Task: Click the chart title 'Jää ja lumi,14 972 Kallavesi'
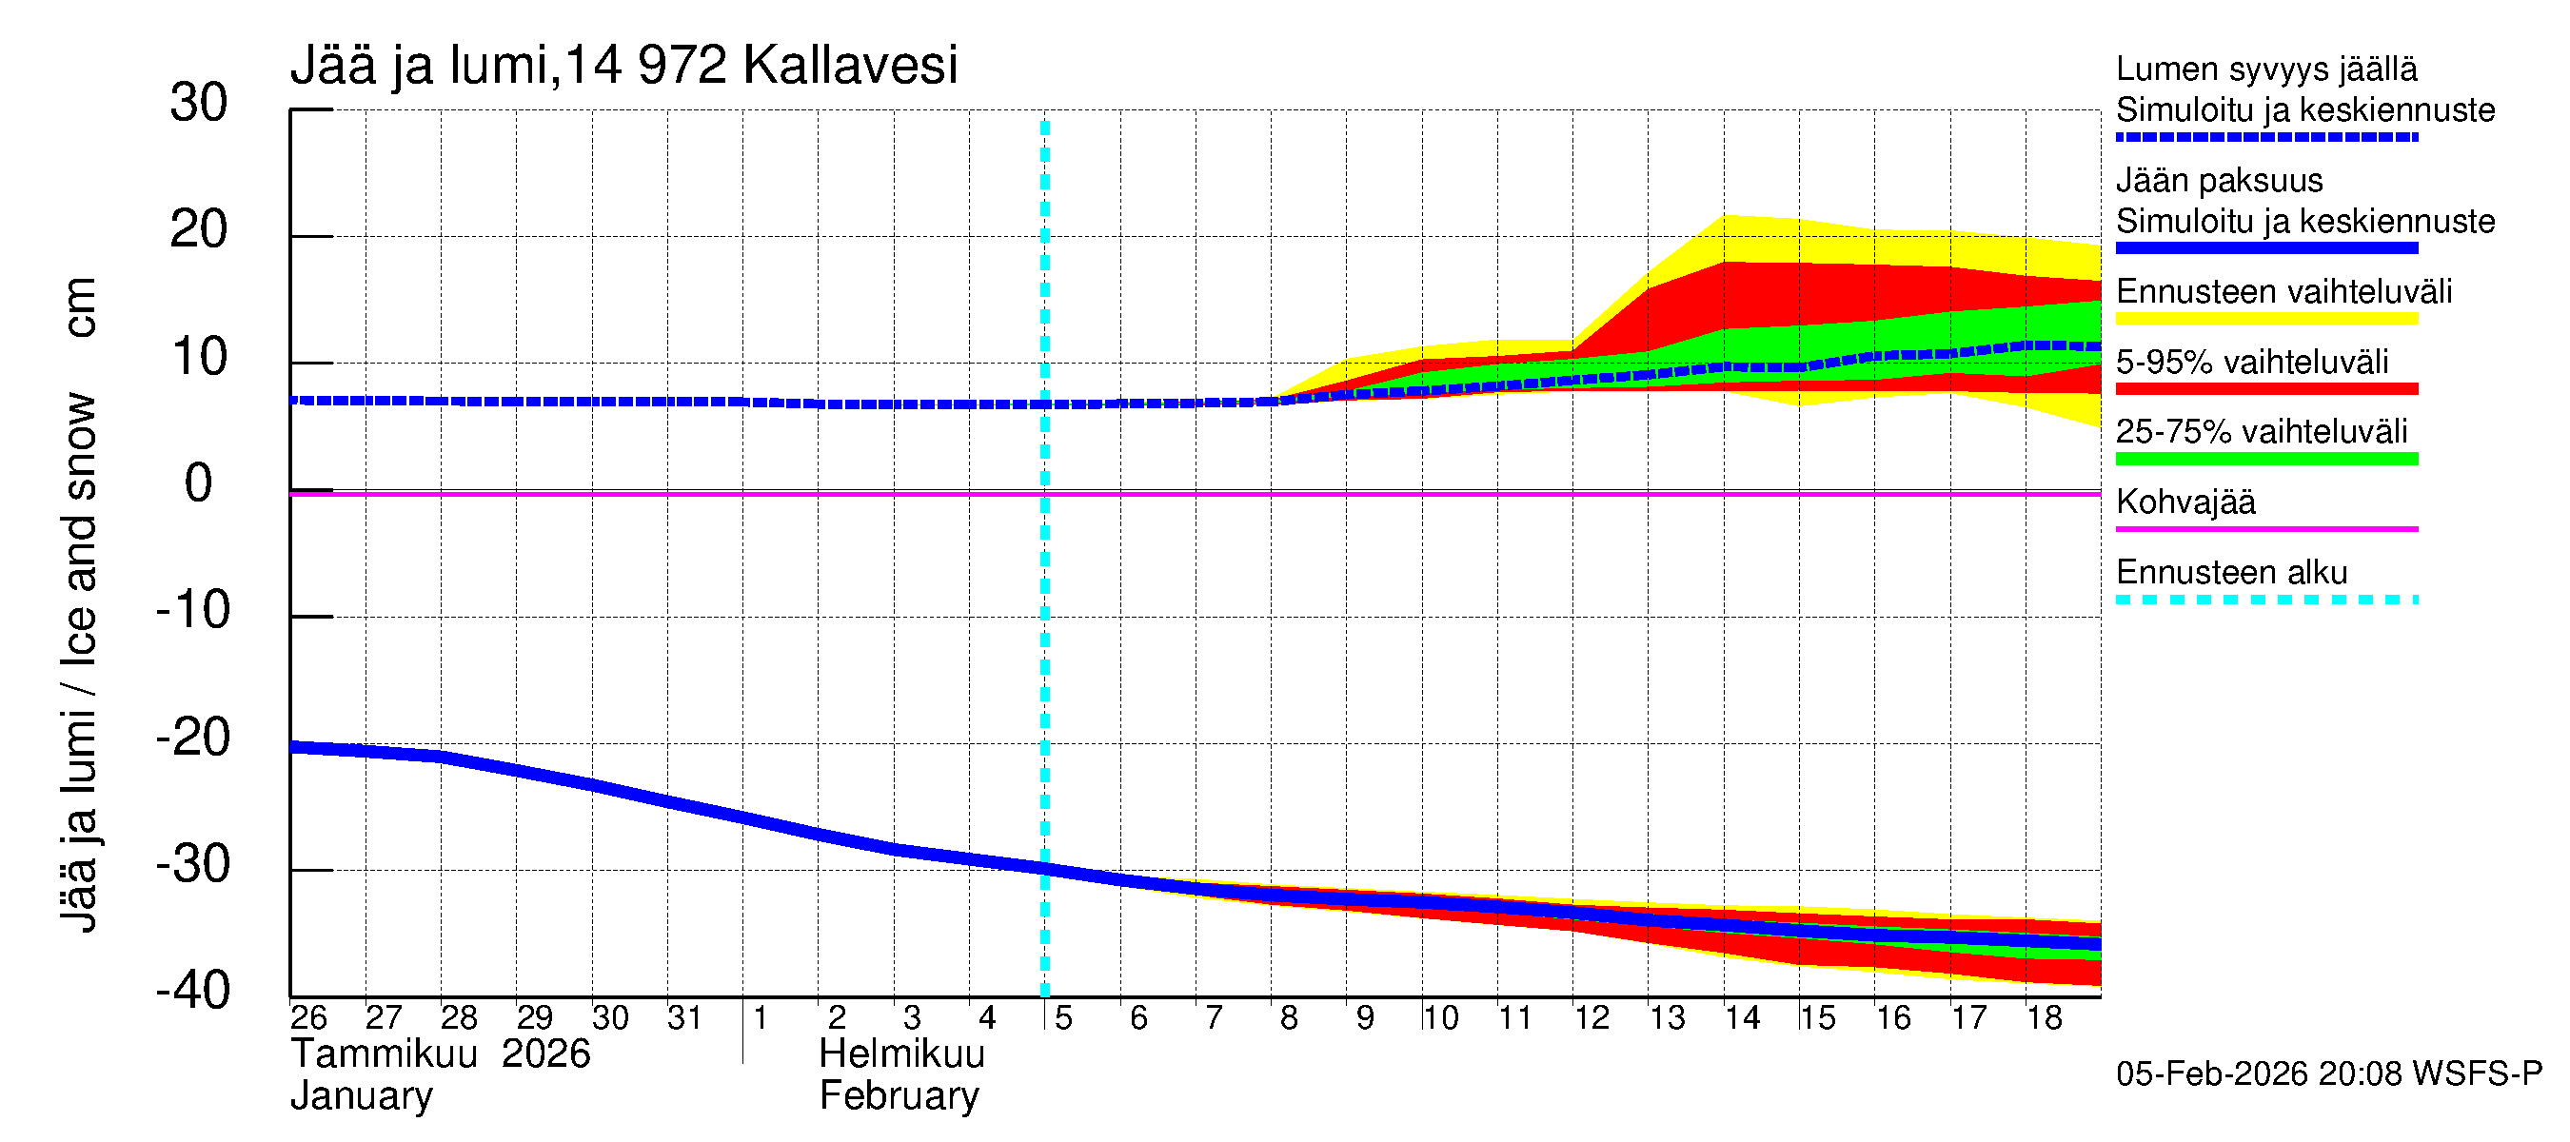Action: pyautogui.click(x=623, y=66)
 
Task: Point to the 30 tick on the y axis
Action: pyautogui.click(x=199, y=103)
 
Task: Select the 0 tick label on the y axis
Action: pyautogui.click(x=199, y=483)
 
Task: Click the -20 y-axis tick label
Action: pyautogui.click(x=193, y=738)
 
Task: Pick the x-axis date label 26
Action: pyautogui.click(x=308, y=1017)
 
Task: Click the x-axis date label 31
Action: pyautogui.click(x=684, y=1017)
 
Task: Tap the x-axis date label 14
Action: pyautogui.click(x=1742, y=1017)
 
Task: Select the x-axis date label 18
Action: pyautogui.click(x=2044, y=1017)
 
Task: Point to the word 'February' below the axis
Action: pyautogui.click(x=899, y=1096)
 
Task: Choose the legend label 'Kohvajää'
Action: pyautogui.click(x=2184, y=502)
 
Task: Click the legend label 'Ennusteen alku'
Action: pyautogui.click(x=2232, y=573)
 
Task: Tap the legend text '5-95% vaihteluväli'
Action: pyautogui.click(x=2252, y=362)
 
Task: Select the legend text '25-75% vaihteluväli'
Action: pyautogui.click(x=2261, y=432)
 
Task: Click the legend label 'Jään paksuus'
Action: pyautogui.click(x=2219, y=181)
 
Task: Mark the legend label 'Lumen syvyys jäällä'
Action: pyautogui.click(x=2266, y=69)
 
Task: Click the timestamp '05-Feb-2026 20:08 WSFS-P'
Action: pyautogui.click(x=2328, y=1074)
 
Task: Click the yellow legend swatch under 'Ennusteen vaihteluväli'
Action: pyautogui.click(x=2265, y=319)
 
